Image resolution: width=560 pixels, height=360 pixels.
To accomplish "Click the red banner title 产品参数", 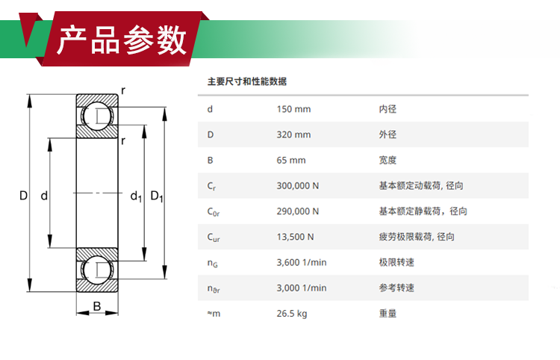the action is point(122,40).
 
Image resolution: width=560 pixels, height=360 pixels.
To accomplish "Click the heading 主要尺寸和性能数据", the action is point(247,81).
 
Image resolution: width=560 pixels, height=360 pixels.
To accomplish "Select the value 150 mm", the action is point(293,109).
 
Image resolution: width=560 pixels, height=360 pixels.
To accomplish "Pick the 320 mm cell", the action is point(293,134).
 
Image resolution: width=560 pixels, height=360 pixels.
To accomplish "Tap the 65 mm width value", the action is point(291,160).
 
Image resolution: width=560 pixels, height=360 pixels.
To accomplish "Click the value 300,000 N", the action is point(297,186).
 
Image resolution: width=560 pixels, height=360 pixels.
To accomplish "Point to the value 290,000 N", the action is point(297,211).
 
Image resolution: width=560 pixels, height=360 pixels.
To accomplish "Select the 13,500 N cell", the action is point(295,237).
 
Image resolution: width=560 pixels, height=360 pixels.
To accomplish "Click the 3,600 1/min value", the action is point(302,262).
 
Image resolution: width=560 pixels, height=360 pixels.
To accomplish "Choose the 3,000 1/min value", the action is point(302,288).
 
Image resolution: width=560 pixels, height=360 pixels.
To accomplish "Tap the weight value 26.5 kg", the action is point(292,314).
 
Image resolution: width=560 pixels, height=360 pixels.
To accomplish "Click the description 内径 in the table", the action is point(388,109).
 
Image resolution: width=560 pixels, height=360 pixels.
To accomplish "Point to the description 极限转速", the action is point(396,262).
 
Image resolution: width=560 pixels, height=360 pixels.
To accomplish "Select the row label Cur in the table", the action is point(214,238).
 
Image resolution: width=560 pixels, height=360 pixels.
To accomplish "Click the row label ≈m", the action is point(214,314).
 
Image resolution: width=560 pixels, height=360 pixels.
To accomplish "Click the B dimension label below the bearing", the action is point(97,306).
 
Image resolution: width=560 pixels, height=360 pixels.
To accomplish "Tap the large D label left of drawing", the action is point(23,196).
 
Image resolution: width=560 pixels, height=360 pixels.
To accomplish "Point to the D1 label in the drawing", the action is point(157,196).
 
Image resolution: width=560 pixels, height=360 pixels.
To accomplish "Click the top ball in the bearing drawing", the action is point(97,116).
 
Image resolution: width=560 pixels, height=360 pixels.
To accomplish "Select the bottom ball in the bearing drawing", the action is point(97,270).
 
